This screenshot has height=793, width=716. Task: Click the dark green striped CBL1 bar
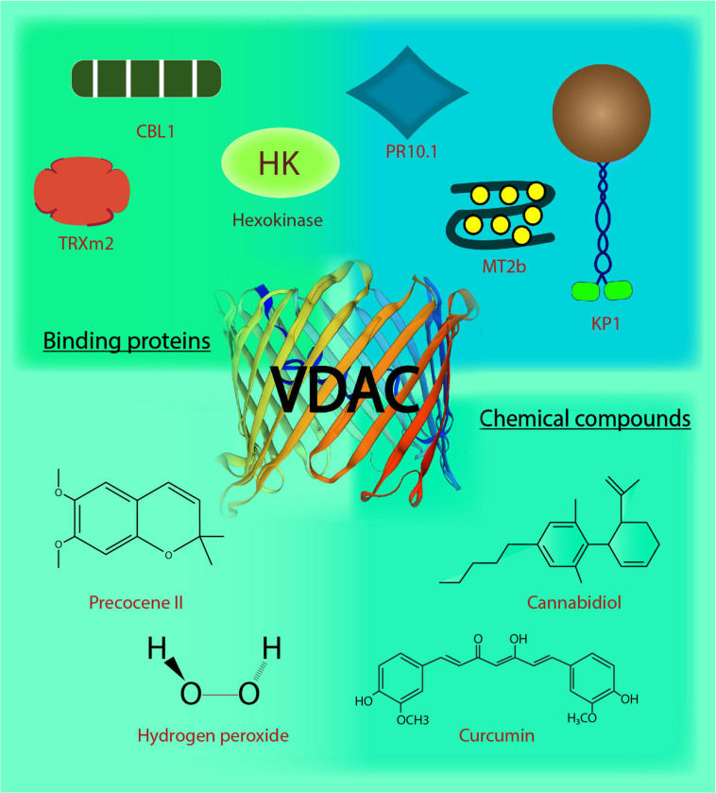point(146,78)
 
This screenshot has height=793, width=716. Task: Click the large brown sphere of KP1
point(601,112)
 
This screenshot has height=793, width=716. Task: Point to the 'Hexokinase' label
point(278,221)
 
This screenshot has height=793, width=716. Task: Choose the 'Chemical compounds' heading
point(586,417)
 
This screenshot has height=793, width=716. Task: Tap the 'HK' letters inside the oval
point(279,164)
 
